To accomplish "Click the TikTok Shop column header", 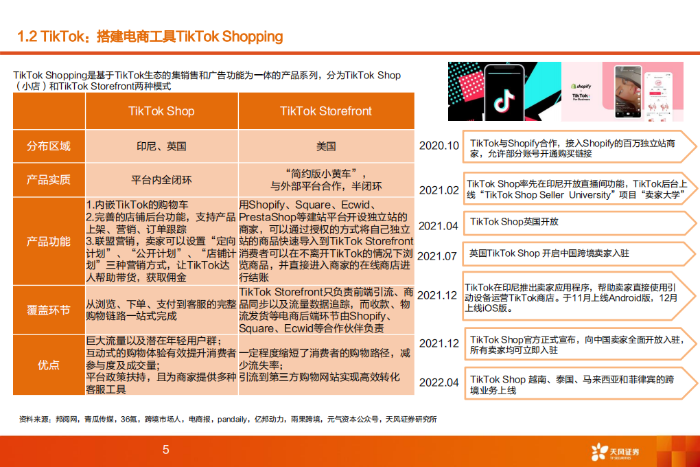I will [x=161, y=111].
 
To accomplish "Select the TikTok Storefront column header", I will [x=326, y=111].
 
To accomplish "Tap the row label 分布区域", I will [x=49, y=146].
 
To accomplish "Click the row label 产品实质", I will [x=49, y=180].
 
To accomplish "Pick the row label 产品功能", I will [x=49, y=241].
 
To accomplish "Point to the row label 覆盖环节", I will [x=49, y=310].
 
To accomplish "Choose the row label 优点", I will [x=49, y=365].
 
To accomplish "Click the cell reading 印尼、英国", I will [x=161, y=146].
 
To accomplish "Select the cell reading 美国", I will [x=326, y=146].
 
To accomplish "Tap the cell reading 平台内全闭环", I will [x=161, y=180].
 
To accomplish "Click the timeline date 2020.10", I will [x=439, y=146].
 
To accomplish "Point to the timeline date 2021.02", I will [x=439, y=190].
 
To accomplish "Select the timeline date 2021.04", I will [x=439, y=225].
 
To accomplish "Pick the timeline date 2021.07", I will [x=437, y=255].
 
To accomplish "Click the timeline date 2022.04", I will [x=439, y=382].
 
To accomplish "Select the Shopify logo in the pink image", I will [x=581, y=87].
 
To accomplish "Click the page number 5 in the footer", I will [x=165, y=451].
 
